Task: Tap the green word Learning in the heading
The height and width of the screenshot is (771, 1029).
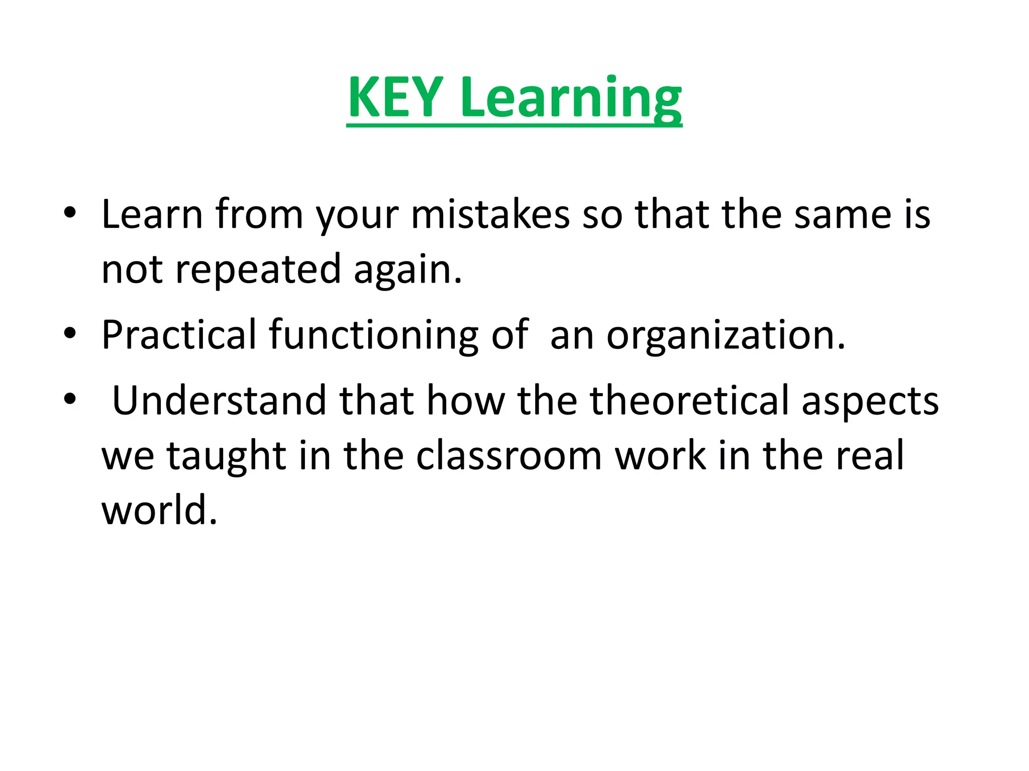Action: click(571, 97)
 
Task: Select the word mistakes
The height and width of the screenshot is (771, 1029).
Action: click(490, 214)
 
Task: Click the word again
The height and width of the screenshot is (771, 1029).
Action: click(407, 270)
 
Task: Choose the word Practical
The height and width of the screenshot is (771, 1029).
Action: click(179, 335)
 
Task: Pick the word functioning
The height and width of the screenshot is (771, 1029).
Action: click(373, 335)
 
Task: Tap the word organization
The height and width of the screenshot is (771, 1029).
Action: click(726, 335)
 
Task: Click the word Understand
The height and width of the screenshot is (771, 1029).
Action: click(220, 401)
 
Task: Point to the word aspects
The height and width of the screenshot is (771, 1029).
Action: click(870, 401)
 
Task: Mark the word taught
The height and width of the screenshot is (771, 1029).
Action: click(226, 456)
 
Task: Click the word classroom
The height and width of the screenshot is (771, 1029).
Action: click(508, 456)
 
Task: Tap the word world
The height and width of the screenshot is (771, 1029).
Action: click(159, 510)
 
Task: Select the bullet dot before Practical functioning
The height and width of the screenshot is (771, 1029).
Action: click(70, 333)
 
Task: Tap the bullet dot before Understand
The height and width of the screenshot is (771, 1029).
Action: click(70, 399)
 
